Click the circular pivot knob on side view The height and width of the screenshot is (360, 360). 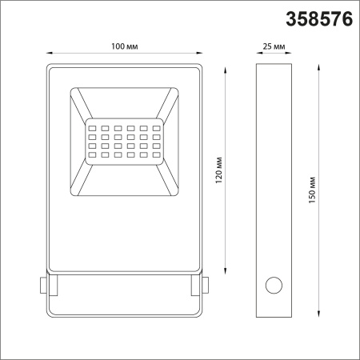[274, 285]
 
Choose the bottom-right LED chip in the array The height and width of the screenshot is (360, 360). [156, 154]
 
